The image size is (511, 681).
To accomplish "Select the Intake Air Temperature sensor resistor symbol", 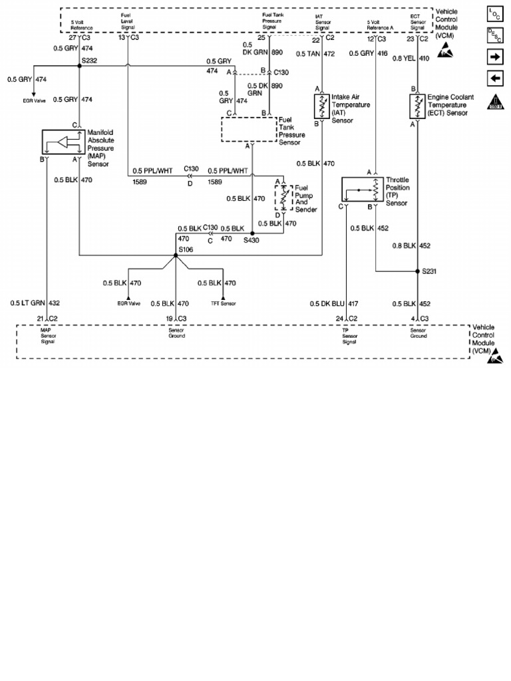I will (322, 106).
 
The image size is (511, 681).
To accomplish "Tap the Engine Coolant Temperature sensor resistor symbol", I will (418, 106).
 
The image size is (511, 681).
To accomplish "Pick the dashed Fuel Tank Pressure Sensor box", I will (249, 129).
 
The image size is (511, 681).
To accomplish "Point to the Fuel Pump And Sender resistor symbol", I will (283, 196).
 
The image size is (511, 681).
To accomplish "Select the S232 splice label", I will (89, 61).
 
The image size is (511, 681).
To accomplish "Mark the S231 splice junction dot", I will (417, 271).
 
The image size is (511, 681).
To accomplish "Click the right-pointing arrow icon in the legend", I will (495, 58).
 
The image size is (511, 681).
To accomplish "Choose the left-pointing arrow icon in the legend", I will (495, 79).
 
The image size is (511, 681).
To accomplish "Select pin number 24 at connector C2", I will (340, 318).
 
